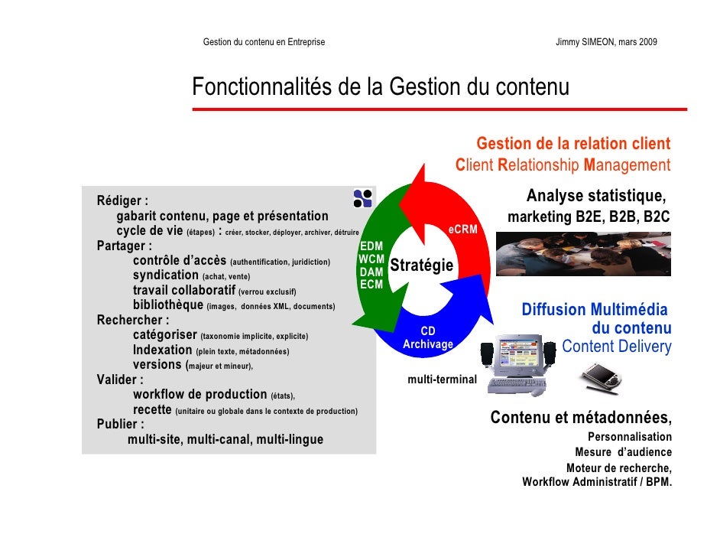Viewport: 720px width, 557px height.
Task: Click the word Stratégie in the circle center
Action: click(x=422, y=266)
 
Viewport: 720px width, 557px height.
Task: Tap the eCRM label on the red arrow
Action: click(x=462, y=229)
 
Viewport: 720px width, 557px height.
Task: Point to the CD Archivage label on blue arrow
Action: click(x=428, y=338)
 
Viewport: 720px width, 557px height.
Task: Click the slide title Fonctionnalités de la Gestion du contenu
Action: click(x=381, y=88)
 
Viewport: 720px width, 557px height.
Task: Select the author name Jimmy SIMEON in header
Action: click(x=588, y=41)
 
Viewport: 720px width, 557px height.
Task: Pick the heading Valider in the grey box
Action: click(x=119, y=379)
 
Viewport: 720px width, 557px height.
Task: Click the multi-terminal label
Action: click(x=442, y=379)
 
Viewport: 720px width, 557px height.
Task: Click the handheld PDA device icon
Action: click(x=601, y=376)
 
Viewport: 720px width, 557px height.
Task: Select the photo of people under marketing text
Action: click(x=583, y=253)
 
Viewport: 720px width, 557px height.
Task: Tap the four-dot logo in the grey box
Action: click(x=363, y=198)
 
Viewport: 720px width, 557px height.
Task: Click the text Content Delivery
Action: click(x=616, y=347)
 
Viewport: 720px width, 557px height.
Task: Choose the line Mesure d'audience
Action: click(x=623, y=452)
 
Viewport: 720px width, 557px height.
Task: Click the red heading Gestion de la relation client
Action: click(x=573, y=144)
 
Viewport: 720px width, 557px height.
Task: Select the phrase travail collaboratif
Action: click(x=184, y=291)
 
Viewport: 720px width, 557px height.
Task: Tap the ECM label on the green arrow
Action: click(x=371, y=285)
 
